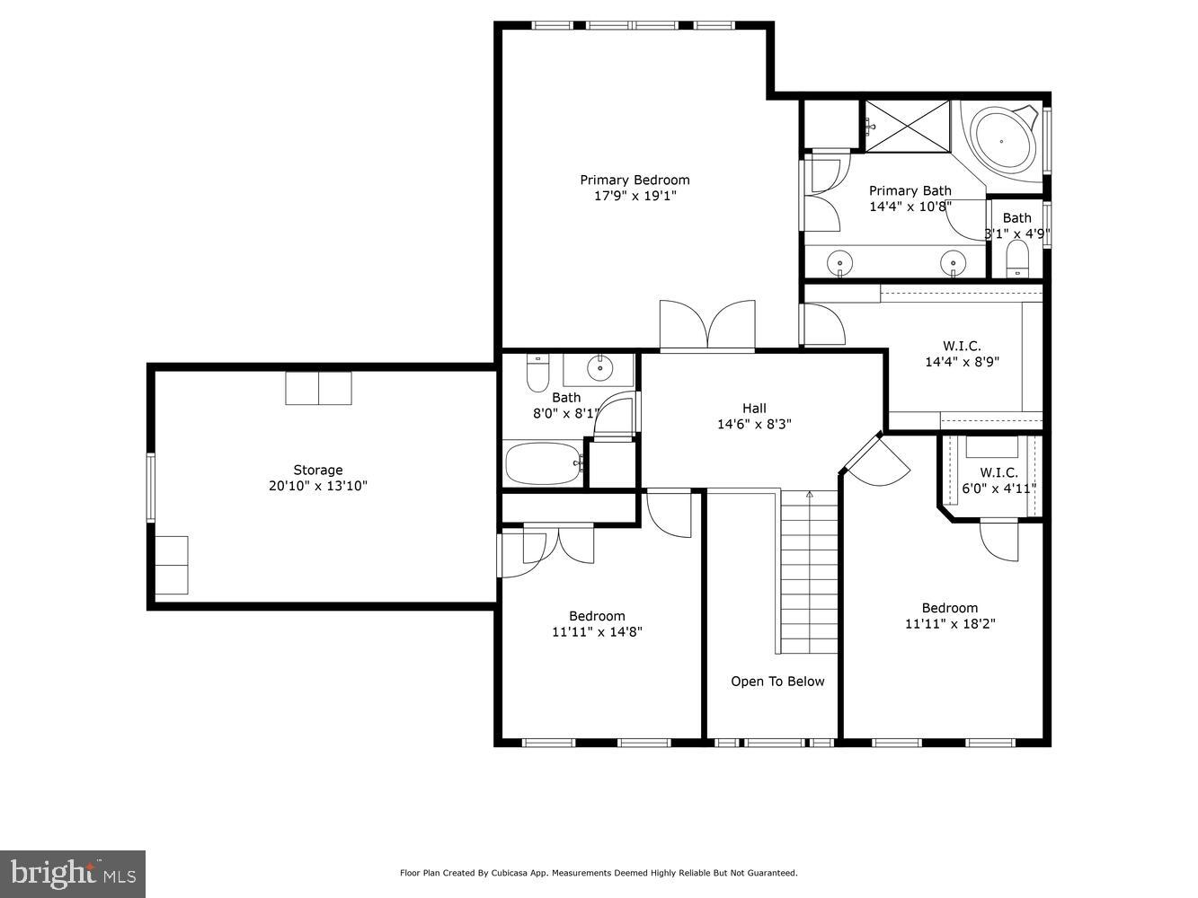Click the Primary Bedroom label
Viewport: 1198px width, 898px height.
634,180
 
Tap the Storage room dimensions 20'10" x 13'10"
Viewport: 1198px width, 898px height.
318,486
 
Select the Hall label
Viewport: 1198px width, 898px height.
754,409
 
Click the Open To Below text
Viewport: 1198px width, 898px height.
777,682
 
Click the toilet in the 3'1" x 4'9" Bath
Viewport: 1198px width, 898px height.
1017,260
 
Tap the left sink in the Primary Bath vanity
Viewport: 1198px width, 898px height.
840,262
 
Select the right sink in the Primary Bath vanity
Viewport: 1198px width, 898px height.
953,262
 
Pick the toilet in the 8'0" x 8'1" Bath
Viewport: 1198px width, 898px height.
537,373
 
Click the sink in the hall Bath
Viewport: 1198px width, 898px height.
599,367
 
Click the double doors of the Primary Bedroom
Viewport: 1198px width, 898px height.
707,325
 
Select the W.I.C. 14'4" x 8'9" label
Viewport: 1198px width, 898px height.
962,354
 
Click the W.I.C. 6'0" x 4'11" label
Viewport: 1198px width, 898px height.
998,480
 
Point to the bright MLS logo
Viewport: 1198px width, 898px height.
73,873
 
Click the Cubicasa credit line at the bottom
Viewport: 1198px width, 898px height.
599,873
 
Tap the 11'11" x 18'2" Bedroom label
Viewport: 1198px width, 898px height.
950,616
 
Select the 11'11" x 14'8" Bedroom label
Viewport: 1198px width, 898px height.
597,623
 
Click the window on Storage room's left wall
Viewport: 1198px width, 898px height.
151,488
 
